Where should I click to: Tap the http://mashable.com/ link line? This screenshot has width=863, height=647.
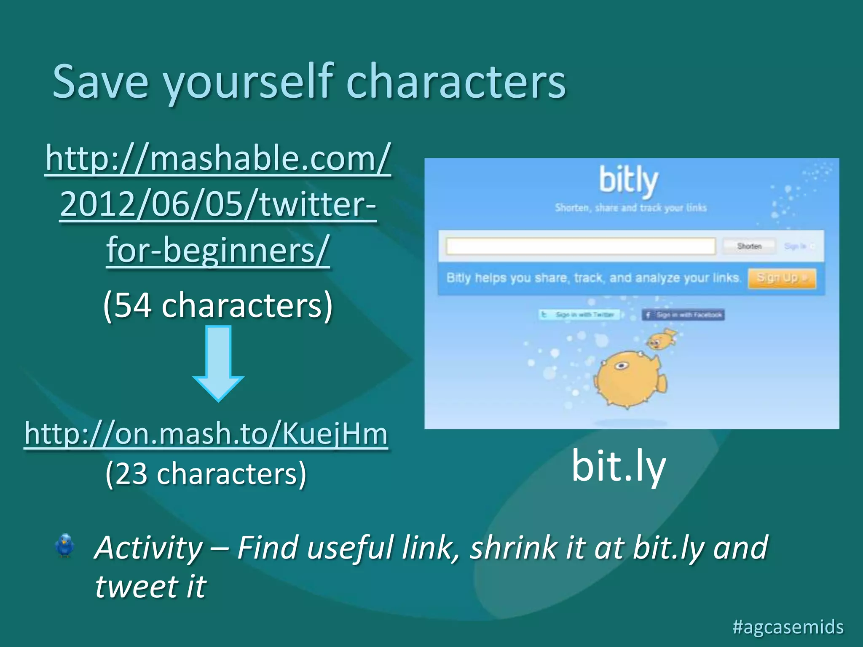[218, 159]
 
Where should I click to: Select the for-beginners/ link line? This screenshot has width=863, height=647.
[218, 250]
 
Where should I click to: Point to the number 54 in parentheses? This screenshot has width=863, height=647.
[133, 305]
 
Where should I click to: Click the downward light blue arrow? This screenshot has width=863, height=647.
[218, 362]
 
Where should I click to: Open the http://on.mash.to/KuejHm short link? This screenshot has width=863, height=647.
[206, 434]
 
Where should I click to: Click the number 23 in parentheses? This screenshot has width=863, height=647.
[131, 474]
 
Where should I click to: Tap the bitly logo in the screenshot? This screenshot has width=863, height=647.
[628, 181]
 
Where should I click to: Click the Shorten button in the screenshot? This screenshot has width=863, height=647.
[749, 246]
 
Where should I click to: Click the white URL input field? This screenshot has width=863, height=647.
[581, 246]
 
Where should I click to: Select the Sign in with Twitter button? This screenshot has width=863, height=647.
[579, 315]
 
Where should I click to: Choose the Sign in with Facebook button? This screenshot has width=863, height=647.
[683, 315]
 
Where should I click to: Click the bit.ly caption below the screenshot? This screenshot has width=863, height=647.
[618, 466]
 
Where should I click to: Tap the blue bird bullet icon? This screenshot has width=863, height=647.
[65, 545]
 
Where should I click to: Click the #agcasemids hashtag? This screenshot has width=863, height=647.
[788, 626]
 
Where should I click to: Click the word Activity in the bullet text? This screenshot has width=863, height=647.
[148, 548]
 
